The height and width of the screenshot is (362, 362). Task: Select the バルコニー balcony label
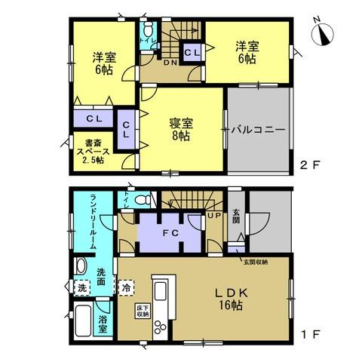258,130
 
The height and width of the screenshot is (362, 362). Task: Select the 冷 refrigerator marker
126,287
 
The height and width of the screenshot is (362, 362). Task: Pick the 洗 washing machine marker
82,287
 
